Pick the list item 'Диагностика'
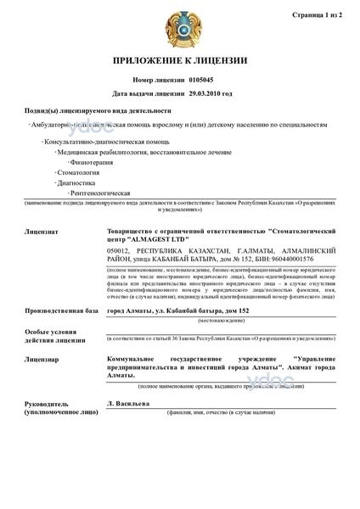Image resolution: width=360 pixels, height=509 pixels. click(x=76, y=183)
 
